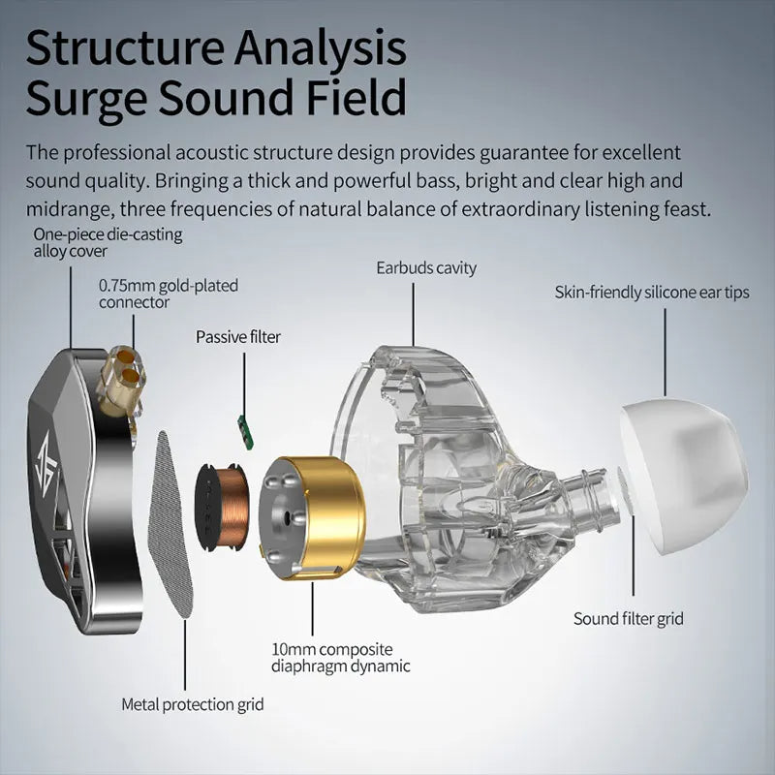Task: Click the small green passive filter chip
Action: click(245, 422)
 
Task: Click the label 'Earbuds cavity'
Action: click(426, 267)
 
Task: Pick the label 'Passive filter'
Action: click(238, 337)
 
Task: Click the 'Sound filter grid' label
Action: click(629, 618)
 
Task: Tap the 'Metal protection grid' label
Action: click(192, 704)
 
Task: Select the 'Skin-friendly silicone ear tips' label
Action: click(651, 292)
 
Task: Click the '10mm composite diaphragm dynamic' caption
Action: click(340, 657)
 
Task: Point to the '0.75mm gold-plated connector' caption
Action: click(168, 294)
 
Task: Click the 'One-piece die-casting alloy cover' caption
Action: click(108, 242)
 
